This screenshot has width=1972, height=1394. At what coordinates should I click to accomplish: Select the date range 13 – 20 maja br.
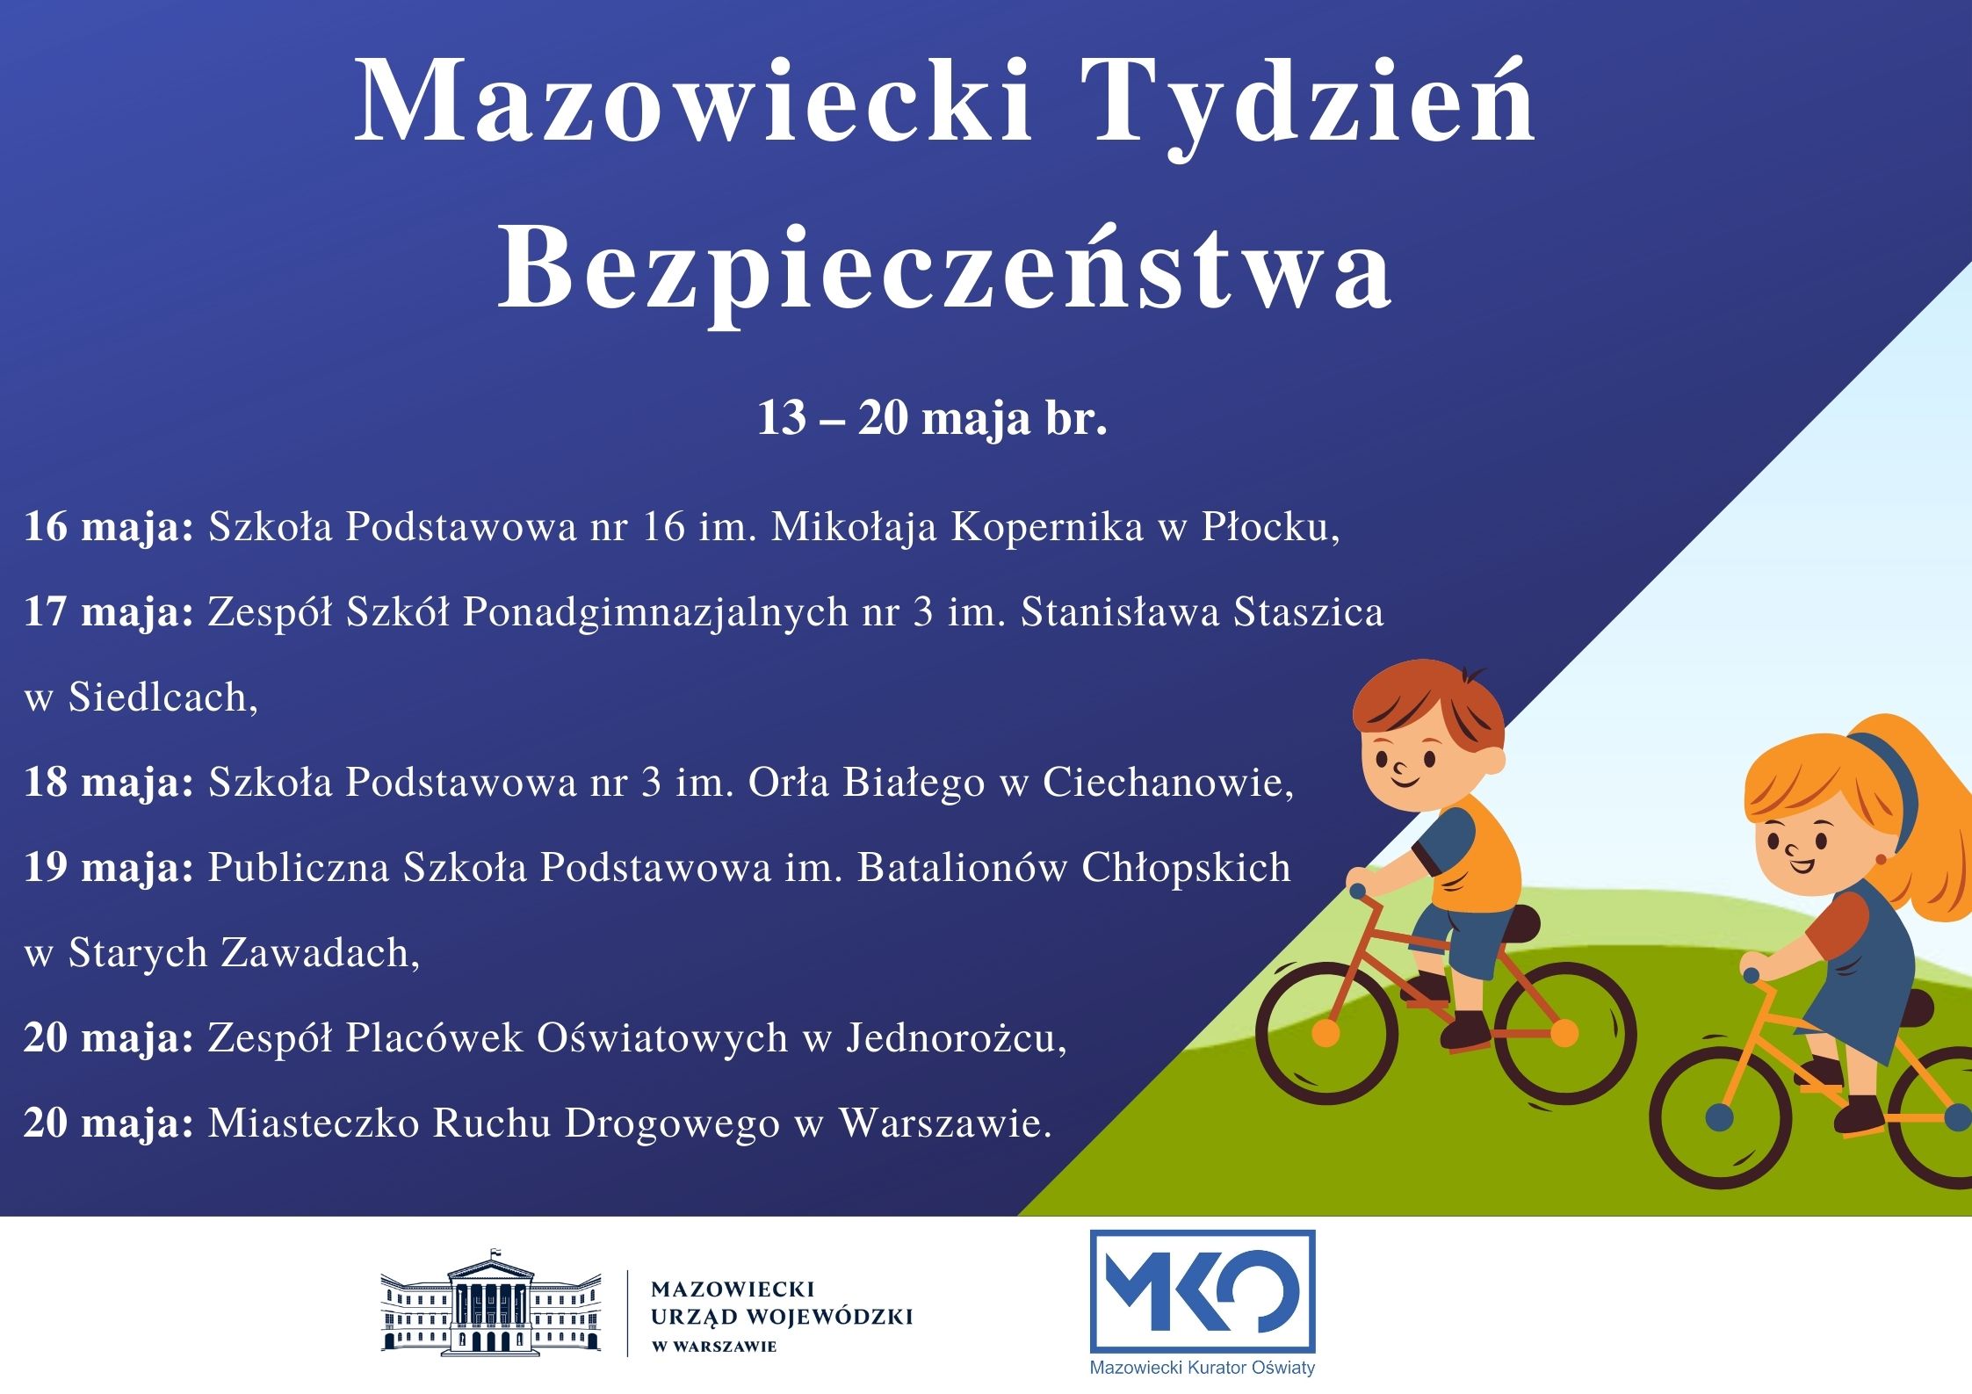tap(932, 418)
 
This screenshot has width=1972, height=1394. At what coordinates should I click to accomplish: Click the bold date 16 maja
tap(109, 528)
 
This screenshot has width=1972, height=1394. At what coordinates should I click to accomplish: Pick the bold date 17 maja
tap(109, 613)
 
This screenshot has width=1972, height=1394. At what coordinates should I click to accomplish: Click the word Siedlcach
tap(163, 697)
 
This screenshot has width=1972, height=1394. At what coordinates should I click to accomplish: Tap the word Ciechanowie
tap(1168, 783)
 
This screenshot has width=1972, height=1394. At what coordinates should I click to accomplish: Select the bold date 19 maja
tap(109, 868)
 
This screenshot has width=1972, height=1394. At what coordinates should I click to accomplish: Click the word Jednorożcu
tap(957, 1038)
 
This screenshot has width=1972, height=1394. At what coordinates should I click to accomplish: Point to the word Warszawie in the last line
tap(945, 1123)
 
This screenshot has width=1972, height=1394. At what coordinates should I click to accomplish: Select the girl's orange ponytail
tap(1924, 826)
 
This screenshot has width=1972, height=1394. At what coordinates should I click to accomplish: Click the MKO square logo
tap(1203, 1292)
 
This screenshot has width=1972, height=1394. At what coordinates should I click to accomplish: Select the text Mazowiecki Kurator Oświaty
tap(1203, 1369)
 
